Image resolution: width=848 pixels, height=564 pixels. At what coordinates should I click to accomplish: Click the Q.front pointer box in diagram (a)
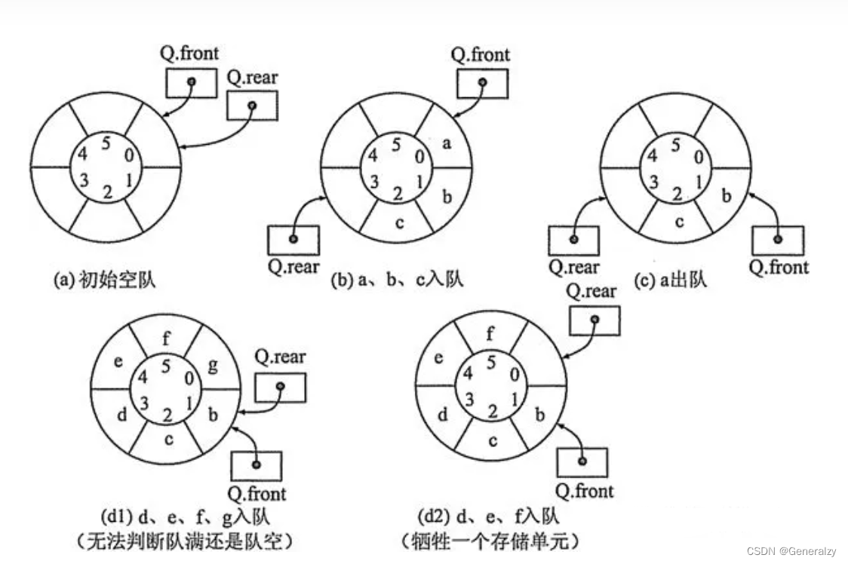pos(192,83)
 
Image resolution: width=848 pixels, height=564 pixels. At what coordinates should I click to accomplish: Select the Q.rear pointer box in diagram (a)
pos(252,106)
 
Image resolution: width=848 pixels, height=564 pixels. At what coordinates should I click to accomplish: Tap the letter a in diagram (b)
pos(446,143)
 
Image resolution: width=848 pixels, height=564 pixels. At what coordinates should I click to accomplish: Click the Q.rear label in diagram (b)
pos(293,266)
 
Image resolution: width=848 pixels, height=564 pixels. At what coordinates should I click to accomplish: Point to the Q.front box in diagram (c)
pos(779,241)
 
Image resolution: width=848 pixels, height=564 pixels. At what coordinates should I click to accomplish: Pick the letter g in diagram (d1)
pos(213,366)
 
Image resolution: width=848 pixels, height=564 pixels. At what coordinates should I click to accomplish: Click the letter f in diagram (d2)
pos(490,333)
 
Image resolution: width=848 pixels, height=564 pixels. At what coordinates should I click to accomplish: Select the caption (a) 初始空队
pos(104,280)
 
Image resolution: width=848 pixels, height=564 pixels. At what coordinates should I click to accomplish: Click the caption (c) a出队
pos(671,280)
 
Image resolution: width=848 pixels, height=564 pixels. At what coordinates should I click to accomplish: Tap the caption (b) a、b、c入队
pos(398,280)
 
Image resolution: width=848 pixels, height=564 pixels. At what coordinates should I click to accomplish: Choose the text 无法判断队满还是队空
pos(185,541)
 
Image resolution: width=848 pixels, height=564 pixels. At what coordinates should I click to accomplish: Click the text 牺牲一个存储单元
pos(490,540)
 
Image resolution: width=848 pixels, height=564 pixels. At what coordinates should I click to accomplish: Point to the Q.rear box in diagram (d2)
pos(595,320)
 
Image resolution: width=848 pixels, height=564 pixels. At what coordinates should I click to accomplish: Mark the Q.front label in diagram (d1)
pos(257,493)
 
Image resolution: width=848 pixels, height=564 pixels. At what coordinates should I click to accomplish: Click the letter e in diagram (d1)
pos(118,361)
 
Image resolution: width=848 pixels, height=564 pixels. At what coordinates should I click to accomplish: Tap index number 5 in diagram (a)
pos(106,143)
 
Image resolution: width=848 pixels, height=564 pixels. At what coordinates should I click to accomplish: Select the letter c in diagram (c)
pos(680,222)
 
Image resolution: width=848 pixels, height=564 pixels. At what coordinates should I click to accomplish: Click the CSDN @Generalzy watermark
pos(791,551)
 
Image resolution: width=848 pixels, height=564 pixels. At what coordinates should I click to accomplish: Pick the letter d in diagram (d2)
pos(442,415)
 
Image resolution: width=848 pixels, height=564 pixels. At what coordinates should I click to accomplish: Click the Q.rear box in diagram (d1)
pos(280,387)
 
